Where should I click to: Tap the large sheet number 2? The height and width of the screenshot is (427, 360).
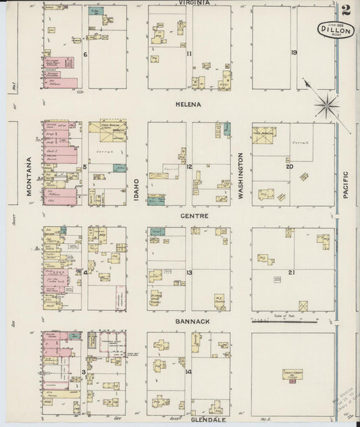coord(346,10)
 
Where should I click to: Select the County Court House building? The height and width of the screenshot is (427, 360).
coord(292,375)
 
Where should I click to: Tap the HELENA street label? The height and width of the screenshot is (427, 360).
coord(189,105)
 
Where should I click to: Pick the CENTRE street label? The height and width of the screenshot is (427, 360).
coord(194,216)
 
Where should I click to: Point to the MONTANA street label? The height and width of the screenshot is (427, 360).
coord(30,176)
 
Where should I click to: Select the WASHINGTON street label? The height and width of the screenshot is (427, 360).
coord(240,174)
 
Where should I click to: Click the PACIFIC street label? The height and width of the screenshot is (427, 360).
coord(346,184)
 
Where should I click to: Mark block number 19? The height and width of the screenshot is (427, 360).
coord(294,53)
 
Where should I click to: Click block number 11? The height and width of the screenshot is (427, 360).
coord(190,53)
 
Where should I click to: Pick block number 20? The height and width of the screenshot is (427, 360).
coord(290,166)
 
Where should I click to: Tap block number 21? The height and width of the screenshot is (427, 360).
coord(291,272)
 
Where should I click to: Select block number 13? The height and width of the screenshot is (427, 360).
coord(190,272)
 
